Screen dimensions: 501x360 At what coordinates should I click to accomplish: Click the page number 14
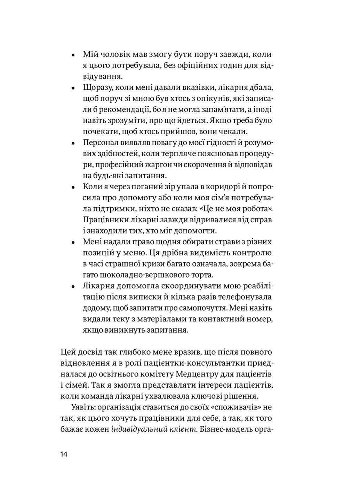[64, 454]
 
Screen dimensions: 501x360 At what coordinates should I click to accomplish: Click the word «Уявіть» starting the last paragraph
[82, 407]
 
